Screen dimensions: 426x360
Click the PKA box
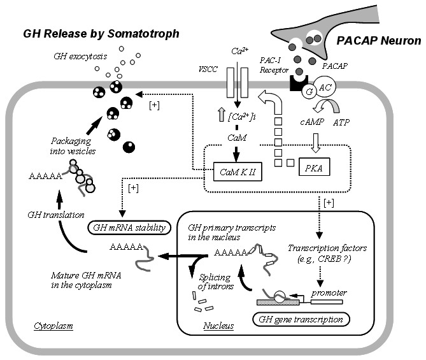315,167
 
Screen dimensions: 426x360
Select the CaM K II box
238,171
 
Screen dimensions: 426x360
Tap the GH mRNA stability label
129,227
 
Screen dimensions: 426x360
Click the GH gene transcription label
301,319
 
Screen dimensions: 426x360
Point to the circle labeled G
309,92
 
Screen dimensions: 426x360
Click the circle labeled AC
325,87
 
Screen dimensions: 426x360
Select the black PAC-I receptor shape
299,83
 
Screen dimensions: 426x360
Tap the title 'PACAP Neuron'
379,41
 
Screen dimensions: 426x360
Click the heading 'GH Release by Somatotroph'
101,34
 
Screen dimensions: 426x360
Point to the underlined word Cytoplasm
53,326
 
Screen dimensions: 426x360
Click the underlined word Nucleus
218,326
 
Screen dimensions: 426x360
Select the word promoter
329,293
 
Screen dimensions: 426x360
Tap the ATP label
341,122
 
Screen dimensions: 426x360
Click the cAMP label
312,122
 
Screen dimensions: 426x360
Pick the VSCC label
208,69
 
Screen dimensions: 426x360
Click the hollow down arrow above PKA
315,143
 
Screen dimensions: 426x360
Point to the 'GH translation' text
56,215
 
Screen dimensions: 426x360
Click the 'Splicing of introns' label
216,282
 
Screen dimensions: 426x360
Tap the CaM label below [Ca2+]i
237,138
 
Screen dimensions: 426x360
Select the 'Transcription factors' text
327,248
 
